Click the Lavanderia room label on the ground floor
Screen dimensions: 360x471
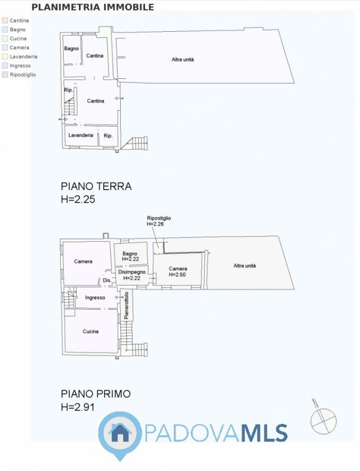tap(81, 135)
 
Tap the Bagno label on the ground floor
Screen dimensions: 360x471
tap(71, 49)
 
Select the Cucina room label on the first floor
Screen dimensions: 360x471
tap(91, 331)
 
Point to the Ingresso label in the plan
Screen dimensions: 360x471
tap(95, 298)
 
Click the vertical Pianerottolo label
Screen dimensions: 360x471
tap(126, 305)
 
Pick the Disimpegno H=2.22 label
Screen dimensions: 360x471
tap(132, 275)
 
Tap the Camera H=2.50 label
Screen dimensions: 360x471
tap(177, 271)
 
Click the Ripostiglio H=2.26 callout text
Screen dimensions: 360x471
tap(158, 221)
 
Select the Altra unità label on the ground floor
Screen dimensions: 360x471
tap(183, 59)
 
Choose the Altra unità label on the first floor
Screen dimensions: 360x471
tap(245, 266)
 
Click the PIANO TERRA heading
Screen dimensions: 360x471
tap(96, 186)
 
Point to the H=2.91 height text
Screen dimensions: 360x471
tap(78, 407)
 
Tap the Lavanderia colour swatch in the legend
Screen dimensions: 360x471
tap(5, 57)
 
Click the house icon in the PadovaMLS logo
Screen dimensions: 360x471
tap(120, 433)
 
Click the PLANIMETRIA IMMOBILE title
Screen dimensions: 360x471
tap(93, 7)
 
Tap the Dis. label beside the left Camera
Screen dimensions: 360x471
tap(107, 280)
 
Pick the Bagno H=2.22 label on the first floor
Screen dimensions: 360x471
tap(130, 256)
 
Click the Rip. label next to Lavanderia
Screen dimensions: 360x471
tap(108, 136)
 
